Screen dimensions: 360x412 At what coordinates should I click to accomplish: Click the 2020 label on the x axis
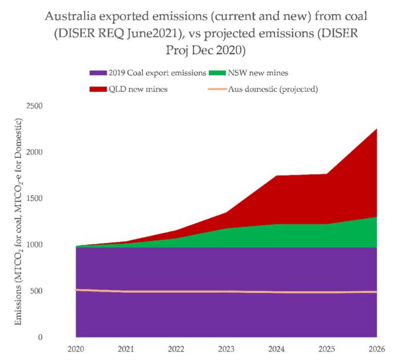tap(77, 349)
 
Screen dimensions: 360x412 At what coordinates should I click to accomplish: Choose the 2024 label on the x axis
tap(277, 349)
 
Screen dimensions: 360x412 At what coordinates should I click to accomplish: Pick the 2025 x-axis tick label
tap(327, 349)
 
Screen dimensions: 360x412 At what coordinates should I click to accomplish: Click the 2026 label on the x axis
tap(376, 349)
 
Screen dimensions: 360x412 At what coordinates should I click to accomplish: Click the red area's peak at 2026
tap(376, 129)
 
